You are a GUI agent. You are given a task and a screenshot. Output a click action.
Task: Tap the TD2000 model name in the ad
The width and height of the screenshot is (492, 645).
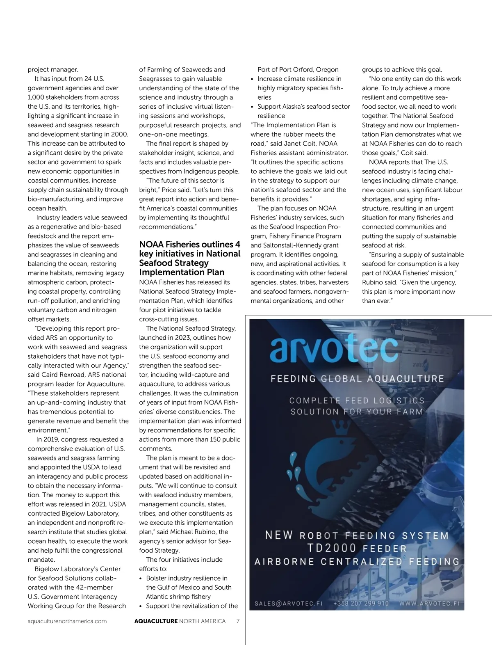[x=332, y=548]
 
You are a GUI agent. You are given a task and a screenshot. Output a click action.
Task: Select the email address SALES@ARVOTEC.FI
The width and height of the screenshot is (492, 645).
[x=289, y=603]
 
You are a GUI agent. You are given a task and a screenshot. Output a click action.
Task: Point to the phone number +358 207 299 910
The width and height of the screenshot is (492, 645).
[x=361, y=603]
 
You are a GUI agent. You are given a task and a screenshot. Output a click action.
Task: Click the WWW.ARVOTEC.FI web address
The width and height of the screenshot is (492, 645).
[x=429, y=603]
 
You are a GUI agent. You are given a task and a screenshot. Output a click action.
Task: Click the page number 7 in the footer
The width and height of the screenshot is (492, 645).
[x=238, y=621]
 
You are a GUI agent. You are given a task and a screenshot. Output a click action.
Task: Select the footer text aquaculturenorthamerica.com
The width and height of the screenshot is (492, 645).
[x=67, y=621]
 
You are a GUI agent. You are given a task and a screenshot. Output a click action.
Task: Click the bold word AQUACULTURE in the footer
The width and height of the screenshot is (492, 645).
[x=156, y=621]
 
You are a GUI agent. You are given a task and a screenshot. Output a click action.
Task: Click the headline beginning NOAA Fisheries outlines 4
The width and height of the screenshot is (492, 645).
[x=190, y=258]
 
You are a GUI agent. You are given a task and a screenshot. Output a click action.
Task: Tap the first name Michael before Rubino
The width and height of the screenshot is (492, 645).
[x=182, y=532]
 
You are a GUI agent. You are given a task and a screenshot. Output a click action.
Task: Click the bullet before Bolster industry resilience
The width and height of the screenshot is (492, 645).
[x=141, y=578]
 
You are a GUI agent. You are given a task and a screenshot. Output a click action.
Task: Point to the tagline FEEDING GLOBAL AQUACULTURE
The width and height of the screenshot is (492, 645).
[x=357, y=379]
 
